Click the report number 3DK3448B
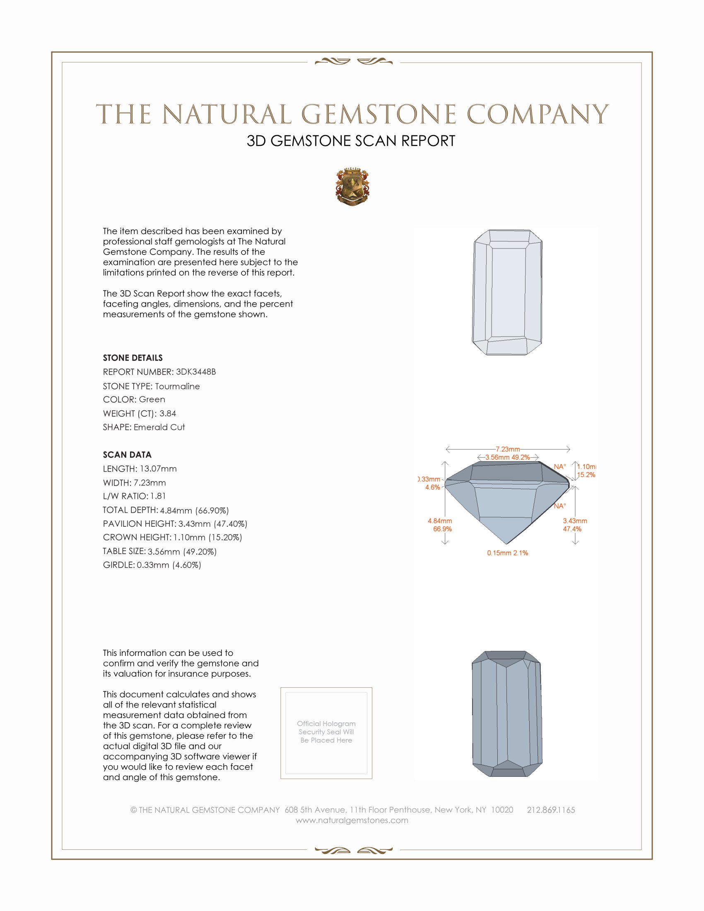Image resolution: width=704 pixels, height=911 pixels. (x=195, y=372)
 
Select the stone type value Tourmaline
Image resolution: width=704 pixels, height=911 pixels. (x=177, y=386)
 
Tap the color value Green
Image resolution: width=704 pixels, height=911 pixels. (x=152, y=400)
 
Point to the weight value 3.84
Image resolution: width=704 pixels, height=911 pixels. (x=168, y=413)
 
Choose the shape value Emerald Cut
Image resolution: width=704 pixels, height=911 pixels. (x=159, y=427)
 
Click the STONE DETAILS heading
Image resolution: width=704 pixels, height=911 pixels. (x=133, y=358)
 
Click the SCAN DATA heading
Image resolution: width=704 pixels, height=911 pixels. (x=127, y=455)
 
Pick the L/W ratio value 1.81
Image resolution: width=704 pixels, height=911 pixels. (x=158, y=496)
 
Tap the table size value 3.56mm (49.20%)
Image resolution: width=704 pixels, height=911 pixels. (x=182, y=552)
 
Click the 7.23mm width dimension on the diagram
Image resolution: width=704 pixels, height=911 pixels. (x=508, y=449)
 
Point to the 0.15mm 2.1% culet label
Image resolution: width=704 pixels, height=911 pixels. (x=507, y=553)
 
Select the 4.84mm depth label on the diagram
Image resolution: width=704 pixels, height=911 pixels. (x=439, y=521)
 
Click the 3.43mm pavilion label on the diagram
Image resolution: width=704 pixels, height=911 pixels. (x=575, y=521)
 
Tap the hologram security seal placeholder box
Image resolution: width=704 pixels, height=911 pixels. (x=326, y=733)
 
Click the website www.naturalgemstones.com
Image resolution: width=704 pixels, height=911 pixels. (x=352, y=820)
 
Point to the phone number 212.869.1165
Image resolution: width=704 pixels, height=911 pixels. (x=550, y=810)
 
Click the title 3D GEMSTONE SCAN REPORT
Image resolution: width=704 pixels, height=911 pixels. (x=351, y=141)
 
